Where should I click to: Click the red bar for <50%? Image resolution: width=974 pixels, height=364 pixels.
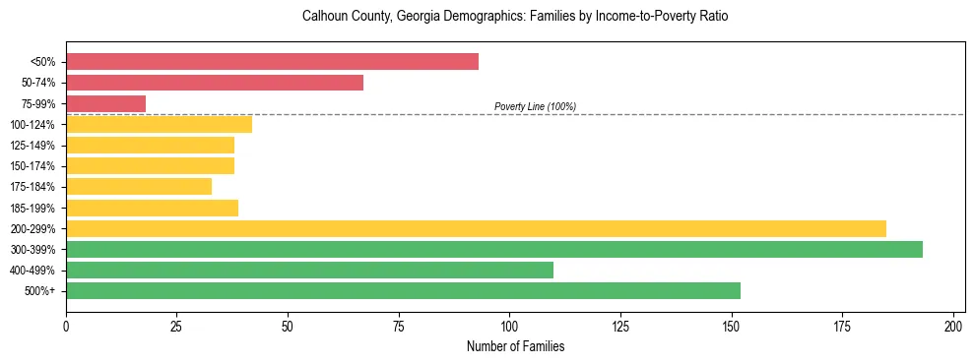(x=272, y=62)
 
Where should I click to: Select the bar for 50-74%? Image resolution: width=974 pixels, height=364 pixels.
(x=215, y=83)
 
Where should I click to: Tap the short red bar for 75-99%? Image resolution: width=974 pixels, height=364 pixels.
(x=105, y=103)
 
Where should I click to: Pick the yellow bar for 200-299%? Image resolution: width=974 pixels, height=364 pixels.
(x=476, y=228)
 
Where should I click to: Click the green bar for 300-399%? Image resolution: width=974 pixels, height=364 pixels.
(x=494, y=249)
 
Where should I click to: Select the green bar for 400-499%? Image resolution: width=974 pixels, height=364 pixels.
(x=309, y=270)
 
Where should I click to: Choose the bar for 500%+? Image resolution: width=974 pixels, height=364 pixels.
(x=403, y=290)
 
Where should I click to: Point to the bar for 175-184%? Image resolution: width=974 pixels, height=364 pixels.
(x=139, y=187)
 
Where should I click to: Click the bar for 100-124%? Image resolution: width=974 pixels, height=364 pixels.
(x=159, y=124)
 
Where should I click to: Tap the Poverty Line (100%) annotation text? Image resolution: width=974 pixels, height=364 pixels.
(x=535, y=106)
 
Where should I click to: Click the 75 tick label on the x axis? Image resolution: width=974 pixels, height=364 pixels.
(x=399, y=326)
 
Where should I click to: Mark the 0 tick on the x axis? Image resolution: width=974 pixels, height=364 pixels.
(x=66, y=326)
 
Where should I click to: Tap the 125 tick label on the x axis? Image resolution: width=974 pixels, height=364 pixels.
(x=621, y=326)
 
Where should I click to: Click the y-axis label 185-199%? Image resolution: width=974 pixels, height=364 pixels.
(x=32, y=208)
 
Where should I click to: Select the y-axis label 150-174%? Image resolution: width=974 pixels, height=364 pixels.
(x=32, y=166)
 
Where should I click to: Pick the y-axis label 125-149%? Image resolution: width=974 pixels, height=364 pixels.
(x=32, y=146)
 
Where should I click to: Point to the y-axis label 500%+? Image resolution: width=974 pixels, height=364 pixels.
(x=39, y=291)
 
